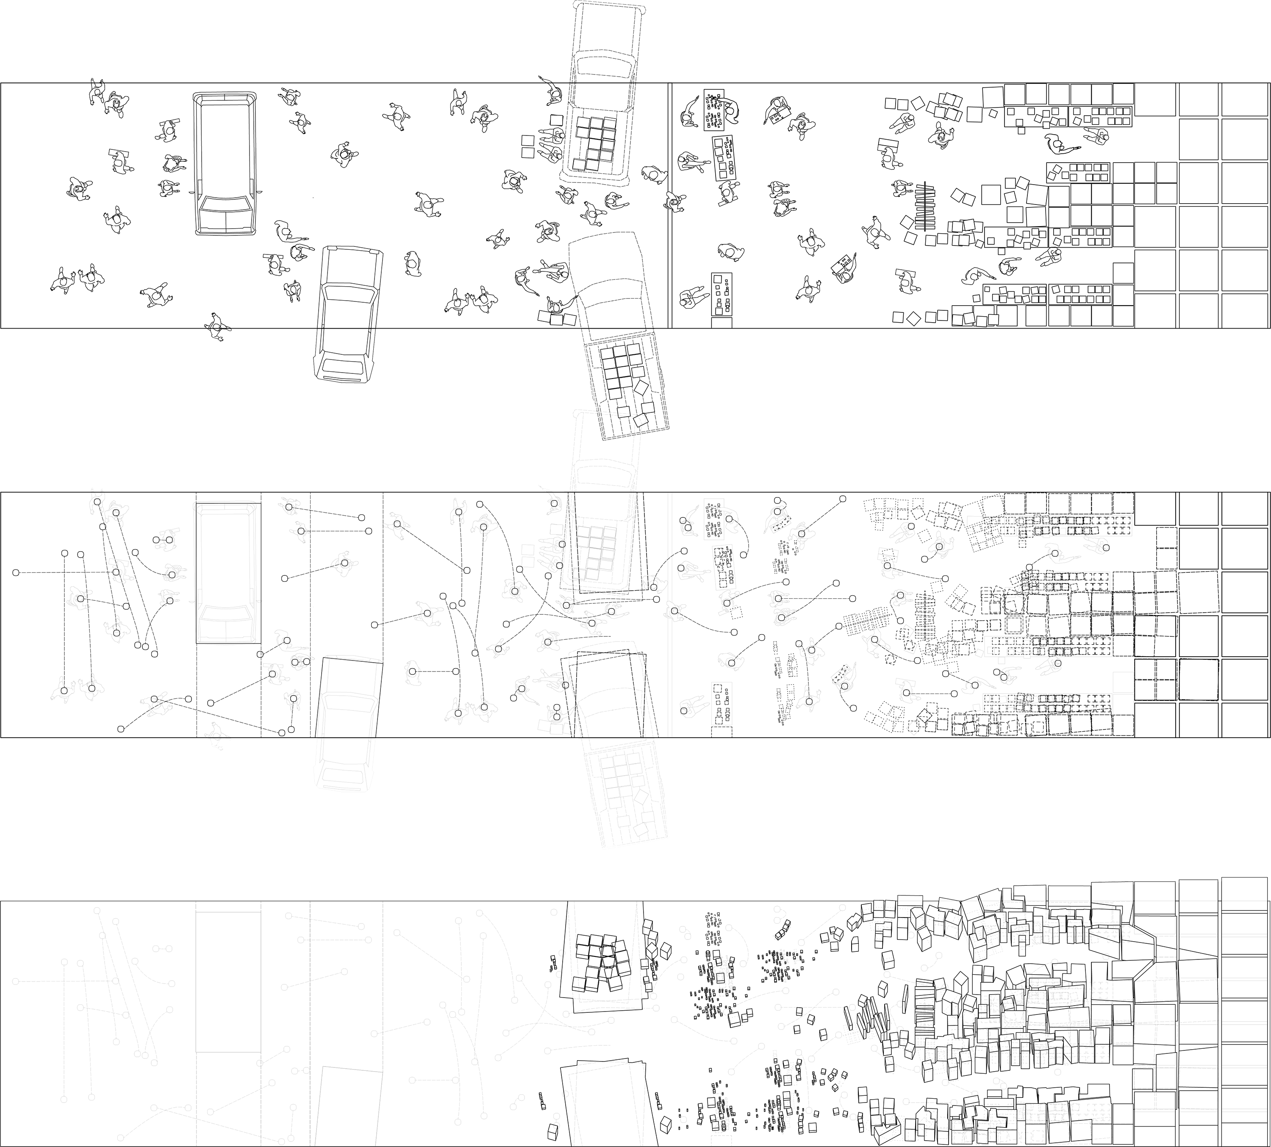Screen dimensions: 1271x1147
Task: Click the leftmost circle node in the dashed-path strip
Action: pyautogui.click(x=16, y=572)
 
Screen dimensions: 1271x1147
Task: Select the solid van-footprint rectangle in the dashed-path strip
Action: pyautogui.click(x=228, y=573)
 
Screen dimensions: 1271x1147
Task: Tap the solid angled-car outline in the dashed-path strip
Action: pyautogui.click(x=350, y=696)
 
